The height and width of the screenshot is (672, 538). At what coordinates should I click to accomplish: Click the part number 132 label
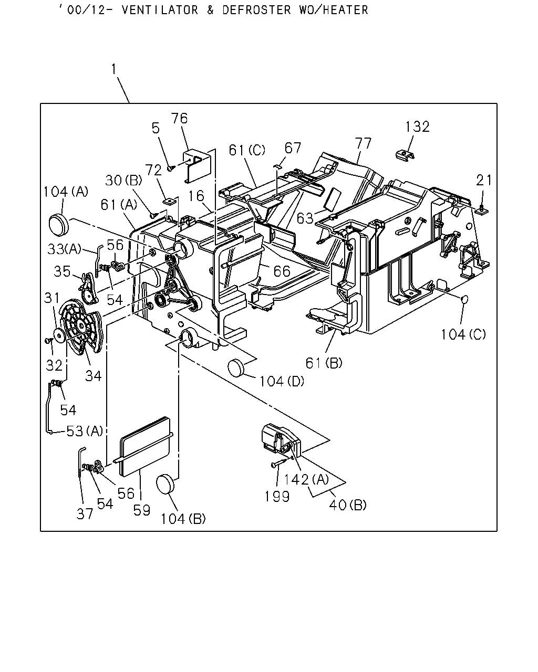417,127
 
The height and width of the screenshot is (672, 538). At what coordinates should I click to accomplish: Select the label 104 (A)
66,192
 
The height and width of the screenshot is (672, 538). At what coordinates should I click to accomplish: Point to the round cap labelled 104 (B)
165,484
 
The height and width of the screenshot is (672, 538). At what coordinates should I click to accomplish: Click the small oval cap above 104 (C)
465,299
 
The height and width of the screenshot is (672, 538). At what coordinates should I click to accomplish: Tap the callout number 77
363,143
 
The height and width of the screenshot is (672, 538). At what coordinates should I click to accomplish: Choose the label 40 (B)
348,505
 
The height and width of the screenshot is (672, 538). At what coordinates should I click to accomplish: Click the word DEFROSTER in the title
256,10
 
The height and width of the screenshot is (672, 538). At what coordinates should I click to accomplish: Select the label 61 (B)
324,363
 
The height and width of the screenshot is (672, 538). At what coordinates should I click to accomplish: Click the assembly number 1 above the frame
114,69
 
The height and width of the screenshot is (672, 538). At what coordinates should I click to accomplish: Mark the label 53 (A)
85,431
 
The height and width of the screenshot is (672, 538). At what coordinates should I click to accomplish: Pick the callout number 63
305,218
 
